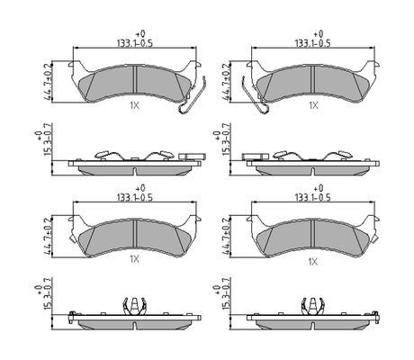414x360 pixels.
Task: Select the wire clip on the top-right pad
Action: (x=254, y=95)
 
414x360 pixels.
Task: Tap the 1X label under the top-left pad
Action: (x=135, y=105)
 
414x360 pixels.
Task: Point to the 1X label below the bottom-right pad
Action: (x=313, y=262)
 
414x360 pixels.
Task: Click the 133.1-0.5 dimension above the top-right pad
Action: (x=312, y=43)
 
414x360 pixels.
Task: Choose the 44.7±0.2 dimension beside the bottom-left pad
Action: (x=48, y=237)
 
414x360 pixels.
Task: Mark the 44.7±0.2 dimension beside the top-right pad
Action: (x=226, y=82)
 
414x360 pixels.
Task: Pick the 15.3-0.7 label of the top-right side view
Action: (x=226, y=140)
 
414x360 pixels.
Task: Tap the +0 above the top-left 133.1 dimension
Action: (x=140, y=33)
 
